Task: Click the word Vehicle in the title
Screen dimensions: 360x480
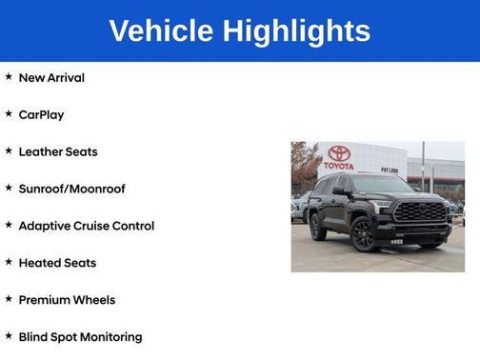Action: click(x=162, y=30)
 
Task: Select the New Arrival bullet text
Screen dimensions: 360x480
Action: click(x=51, y=77)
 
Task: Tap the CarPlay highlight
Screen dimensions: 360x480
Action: click(x=41, y=114)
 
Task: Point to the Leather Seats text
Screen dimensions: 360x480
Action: click(x=58, y=151)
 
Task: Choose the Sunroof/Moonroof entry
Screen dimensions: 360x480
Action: click(x=71, y=189)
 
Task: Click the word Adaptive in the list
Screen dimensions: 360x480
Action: click(x=46, y=226)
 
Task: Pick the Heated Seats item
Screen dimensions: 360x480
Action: click(x=57, y=263)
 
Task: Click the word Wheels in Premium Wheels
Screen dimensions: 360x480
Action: click(x=93, y=300)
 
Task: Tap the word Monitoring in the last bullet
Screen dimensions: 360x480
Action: click(x=110, y=337)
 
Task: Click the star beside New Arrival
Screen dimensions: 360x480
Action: click(x=9, y=76)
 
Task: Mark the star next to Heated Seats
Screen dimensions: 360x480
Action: click(x=9, y=262)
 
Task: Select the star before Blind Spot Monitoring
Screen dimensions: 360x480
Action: click(x=9, y=336)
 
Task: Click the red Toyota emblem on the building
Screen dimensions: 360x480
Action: click(x=339, y=152)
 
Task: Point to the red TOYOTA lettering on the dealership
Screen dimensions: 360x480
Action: click(x=338, y=166)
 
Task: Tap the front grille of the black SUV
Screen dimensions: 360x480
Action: click(x=420, y=211)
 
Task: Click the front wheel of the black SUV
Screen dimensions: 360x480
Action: click(x=362, y=234)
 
